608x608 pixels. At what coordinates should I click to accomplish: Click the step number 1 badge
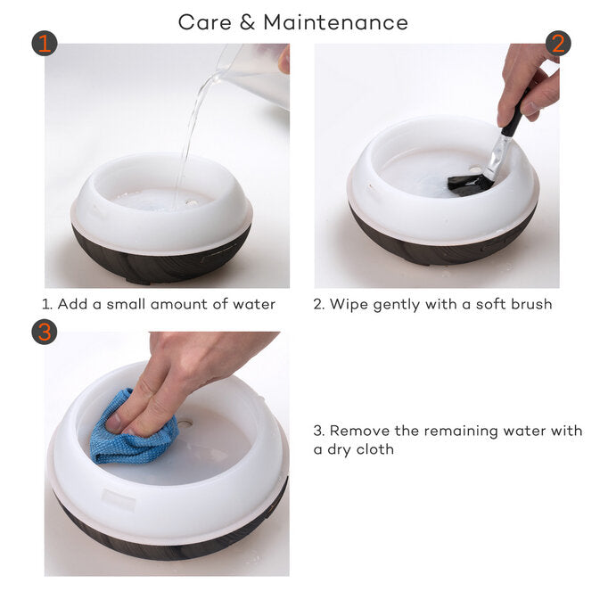point(45,43)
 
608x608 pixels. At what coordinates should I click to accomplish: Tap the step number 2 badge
point(558,43)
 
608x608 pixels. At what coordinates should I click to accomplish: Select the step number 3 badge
point(45,332)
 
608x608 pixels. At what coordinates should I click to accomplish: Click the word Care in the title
point(205,22)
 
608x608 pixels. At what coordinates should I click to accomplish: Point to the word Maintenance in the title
point(336,22)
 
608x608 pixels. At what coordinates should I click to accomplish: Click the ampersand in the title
point(247,22)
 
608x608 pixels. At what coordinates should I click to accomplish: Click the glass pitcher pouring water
point(254,74)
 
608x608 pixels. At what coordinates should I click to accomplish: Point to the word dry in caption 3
point(340,450)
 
